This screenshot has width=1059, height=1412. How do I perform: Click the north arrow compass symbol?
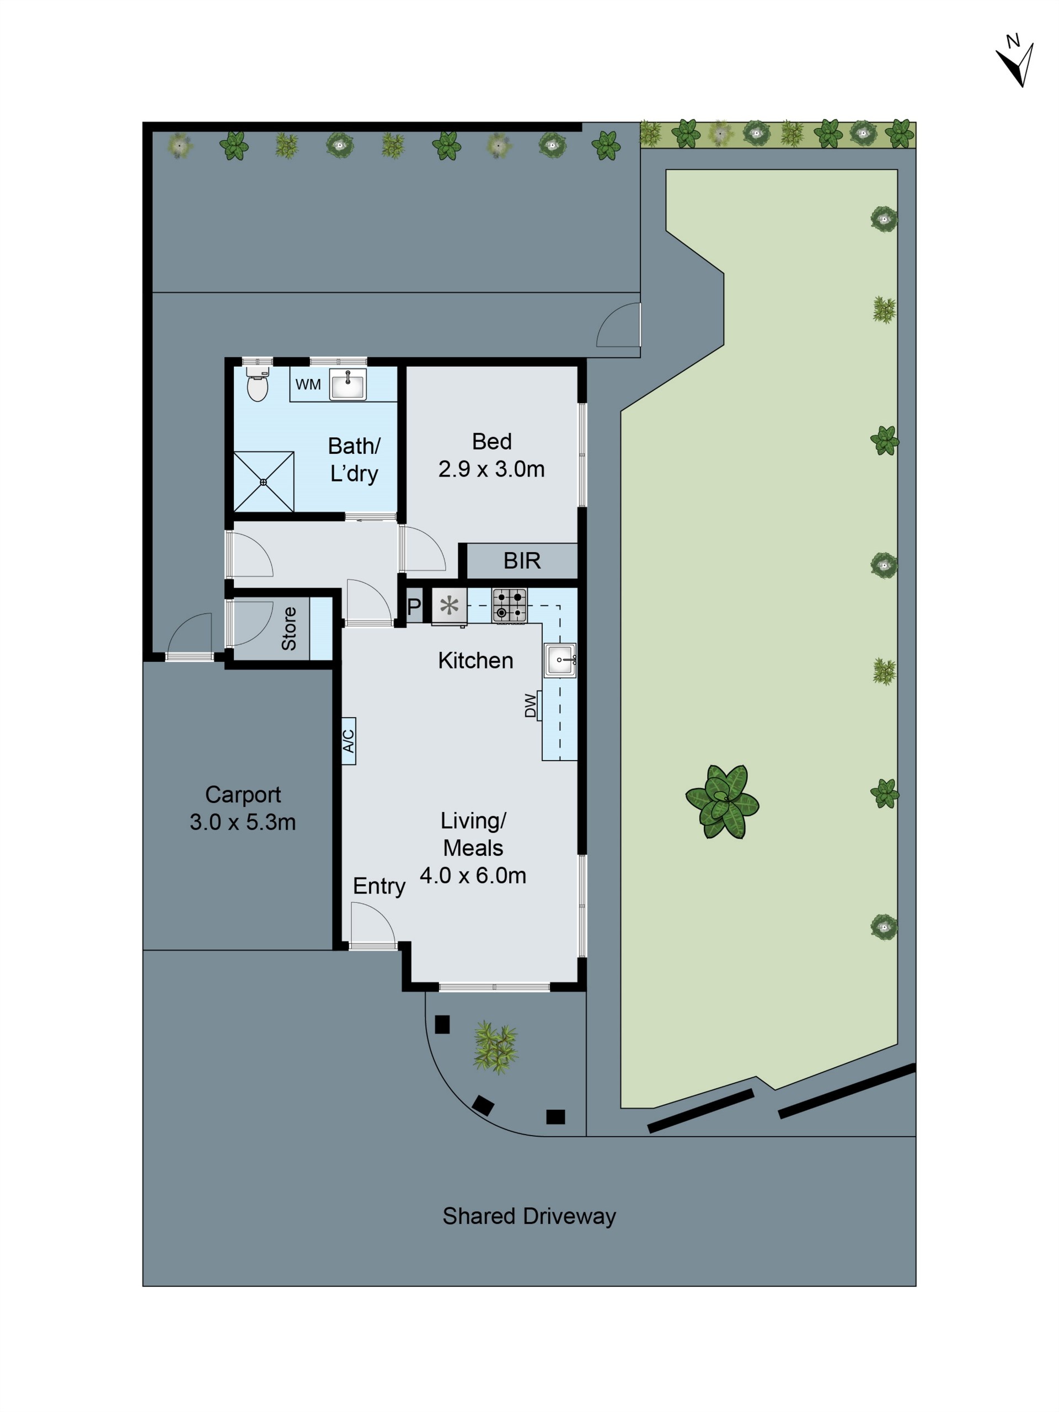pyautogui.click(x=1015, y=62)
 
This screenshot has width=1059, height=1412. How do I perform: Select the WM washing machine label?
pyautogui.click(x=308, y=385)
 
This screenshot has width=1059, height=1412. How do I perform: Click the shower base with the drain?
pyautogui.click(x=263, y=482)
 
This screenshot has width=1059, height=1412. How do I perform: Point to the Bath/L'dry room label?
pyautogui.click(x=354, y=459)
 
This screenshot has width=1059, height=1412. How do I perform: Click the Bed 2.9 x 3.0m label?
pyautogui.click(x=491, y=455)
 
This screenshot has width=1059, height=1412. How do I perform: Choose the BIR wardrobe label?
pyautogui.click(x=522, y=560)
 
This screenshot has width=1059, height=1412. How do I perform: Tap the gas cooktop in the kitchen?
pyautogui.click(x=510, y=605)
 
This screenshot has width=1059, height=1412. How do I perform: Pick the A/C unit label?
pyautogui.click(x=349, y=740)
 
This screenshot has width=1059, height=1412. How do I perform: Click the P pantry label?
pyautogui.click(x=414, y=606)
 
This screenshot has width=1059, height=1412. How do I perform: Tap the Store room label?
pyautogui.click(x=288, y=629)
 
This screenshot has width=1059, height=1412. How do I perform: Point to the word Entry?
pyautogui.click(x=379, y=886)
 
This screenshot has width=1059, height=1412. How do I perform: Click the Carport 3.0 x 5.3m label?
pyautogui.click(x=243, y=808)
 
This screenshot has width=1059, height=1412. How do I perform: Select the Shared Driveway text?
pyautogui.click(x=529, y=1216)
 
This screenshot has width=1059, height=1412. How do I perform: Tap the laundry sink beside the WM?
pyautogui.click(x=348, y=385)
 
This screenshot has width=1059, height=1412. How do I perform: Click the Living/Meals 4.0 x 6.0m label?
pyautogui.click(x=473, y=848)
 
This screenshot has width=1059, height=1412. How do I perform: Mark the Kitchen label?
pyautogui.click(x=475, y=661)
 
